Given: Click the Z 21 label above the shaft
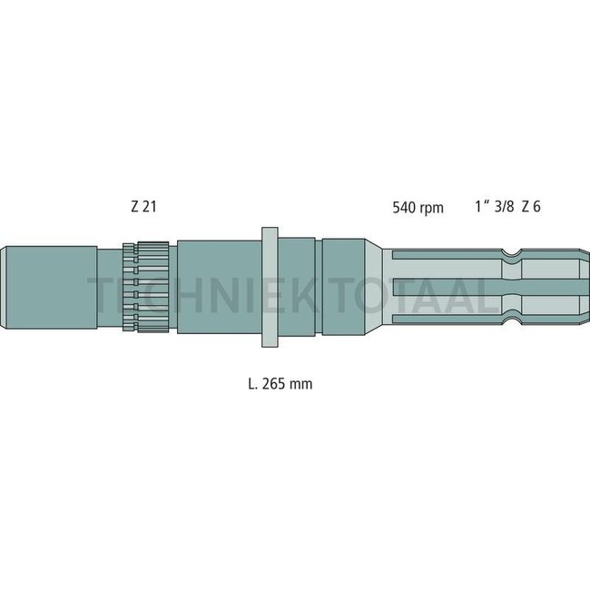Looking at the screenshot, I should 143,207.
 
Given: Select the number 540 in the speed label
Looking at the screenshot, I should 403,208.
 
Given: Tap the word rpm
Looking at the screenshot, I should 432,209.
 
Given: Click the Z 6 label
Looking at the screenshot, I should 533,207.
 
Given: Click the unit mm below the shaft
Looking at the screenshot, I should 302,384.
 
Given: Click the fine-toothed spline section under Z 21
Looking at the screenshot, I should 145,287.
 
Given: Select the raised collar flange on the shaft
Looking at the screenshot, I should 269,287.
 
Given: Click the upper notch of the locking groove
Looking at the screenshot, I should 515,247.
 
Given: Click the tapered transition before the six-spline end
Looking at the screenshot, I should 377,287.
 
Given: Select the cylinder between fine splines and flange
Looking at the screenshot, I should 218,287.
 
